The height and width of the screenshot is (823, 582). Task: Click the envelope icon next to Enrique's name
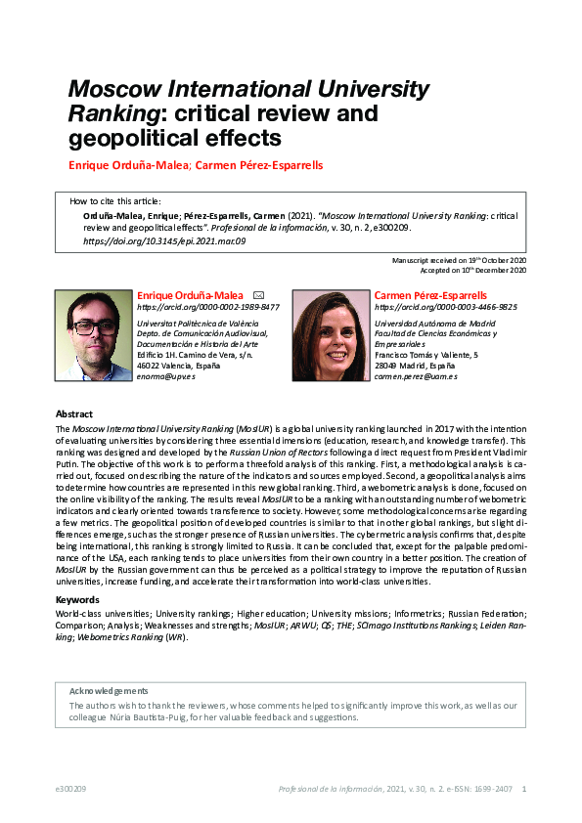coord(258,294)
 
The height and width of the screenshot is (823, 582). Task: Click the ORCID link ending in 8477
coord(207,307)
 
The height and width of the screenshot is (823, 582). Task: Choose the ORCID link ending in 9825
coord(446,307)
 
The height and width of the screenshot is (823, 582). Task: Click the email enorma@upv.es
coord(166,375)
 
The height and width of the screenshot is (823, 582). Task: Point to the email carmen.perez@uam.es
coord(416,375)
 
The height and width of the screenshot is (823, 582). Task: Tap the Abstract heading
coord(74,414)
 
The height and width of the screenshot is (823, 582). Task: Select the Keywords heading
coord(77,599)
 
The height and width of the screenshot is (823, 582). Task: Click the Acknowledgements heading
coord(109,690)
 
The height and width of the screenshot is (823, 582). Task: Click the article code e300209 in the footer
coord(71,789)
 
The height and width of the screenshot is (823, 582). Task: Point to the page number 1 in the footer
coord(525,789)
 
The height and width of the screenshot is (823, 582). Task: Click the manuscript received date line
coord(459,261)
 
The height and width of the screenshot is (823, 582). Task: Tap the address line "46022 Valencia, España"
coord(180,365)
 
